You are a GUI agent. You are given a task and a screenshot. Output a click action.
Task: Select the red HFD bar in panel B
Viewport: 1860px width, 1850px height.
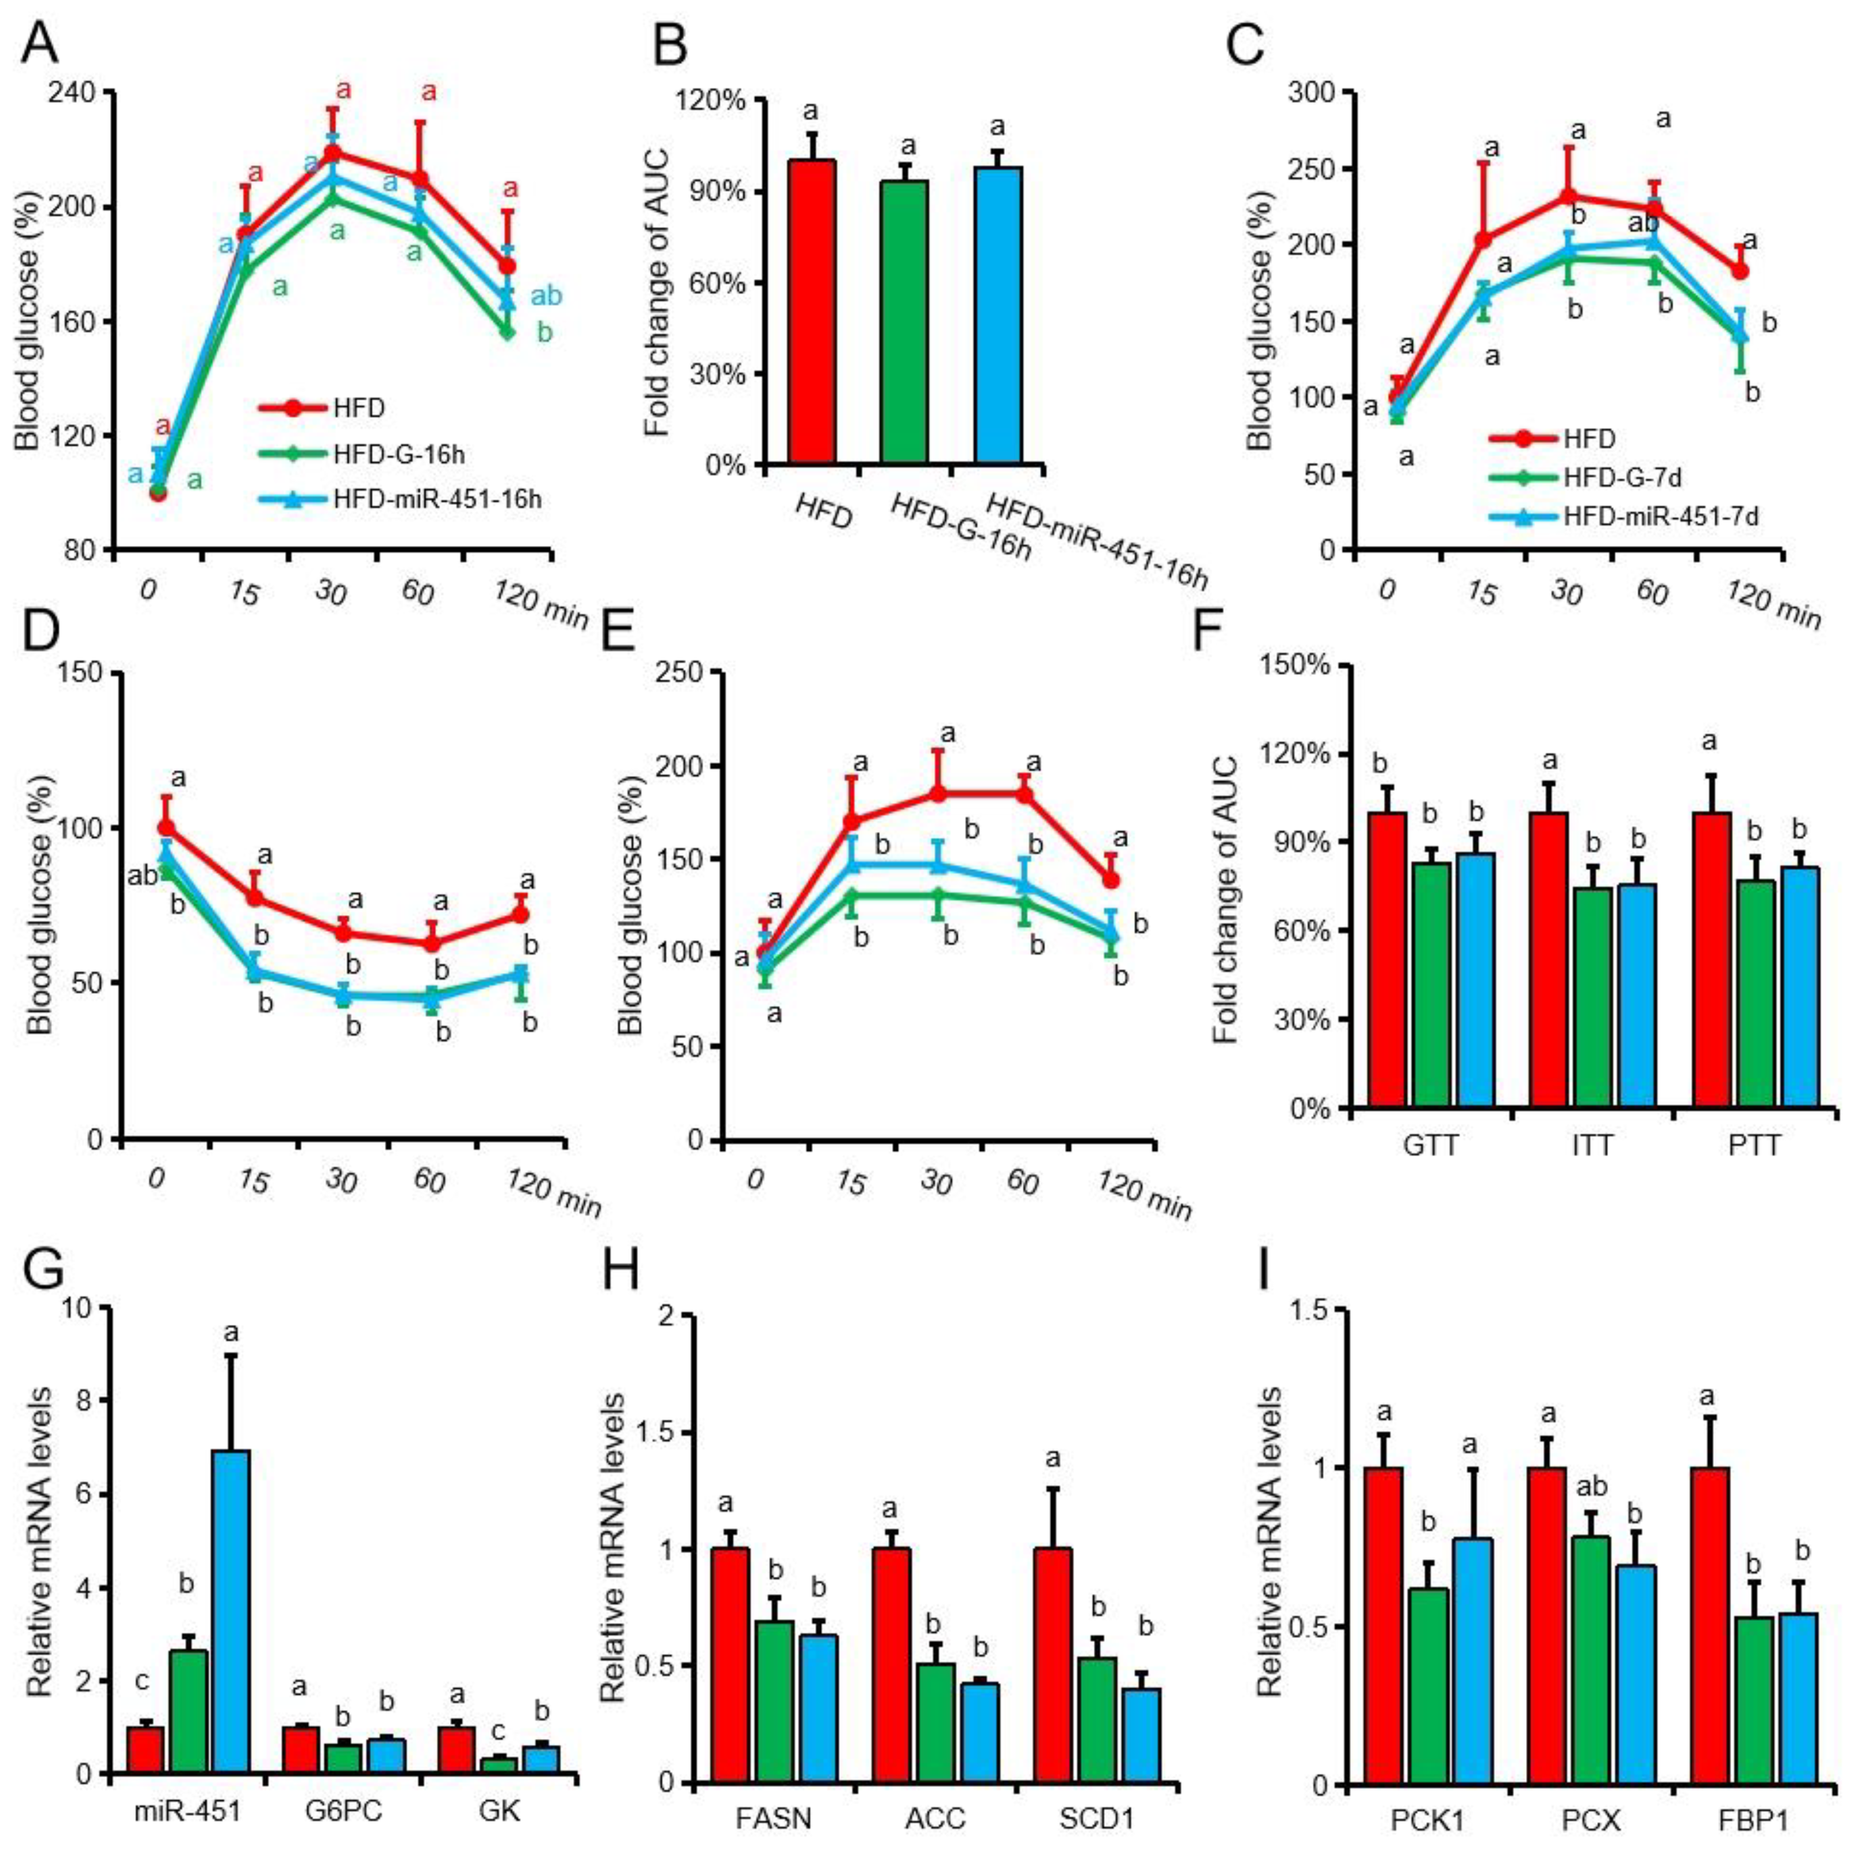point(812,312)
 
